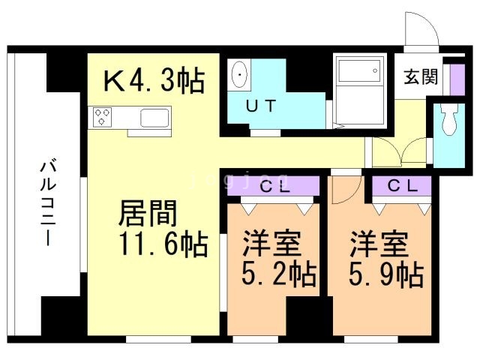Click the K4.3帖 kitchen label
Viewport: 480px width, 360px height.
(x=153, y=80)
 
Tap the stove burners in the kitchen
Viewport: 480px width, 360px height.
(x=103, y=117)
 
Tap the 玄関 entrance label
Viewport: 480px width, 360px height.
(x=421, y=78)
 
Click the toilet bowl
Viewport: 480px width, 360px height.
(x=450, y=120)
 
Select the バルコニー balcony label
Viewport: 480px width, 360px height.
(x=46, y=202)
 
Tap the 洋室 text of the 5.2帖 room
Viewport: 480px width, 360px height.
(x=271, y=244)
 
